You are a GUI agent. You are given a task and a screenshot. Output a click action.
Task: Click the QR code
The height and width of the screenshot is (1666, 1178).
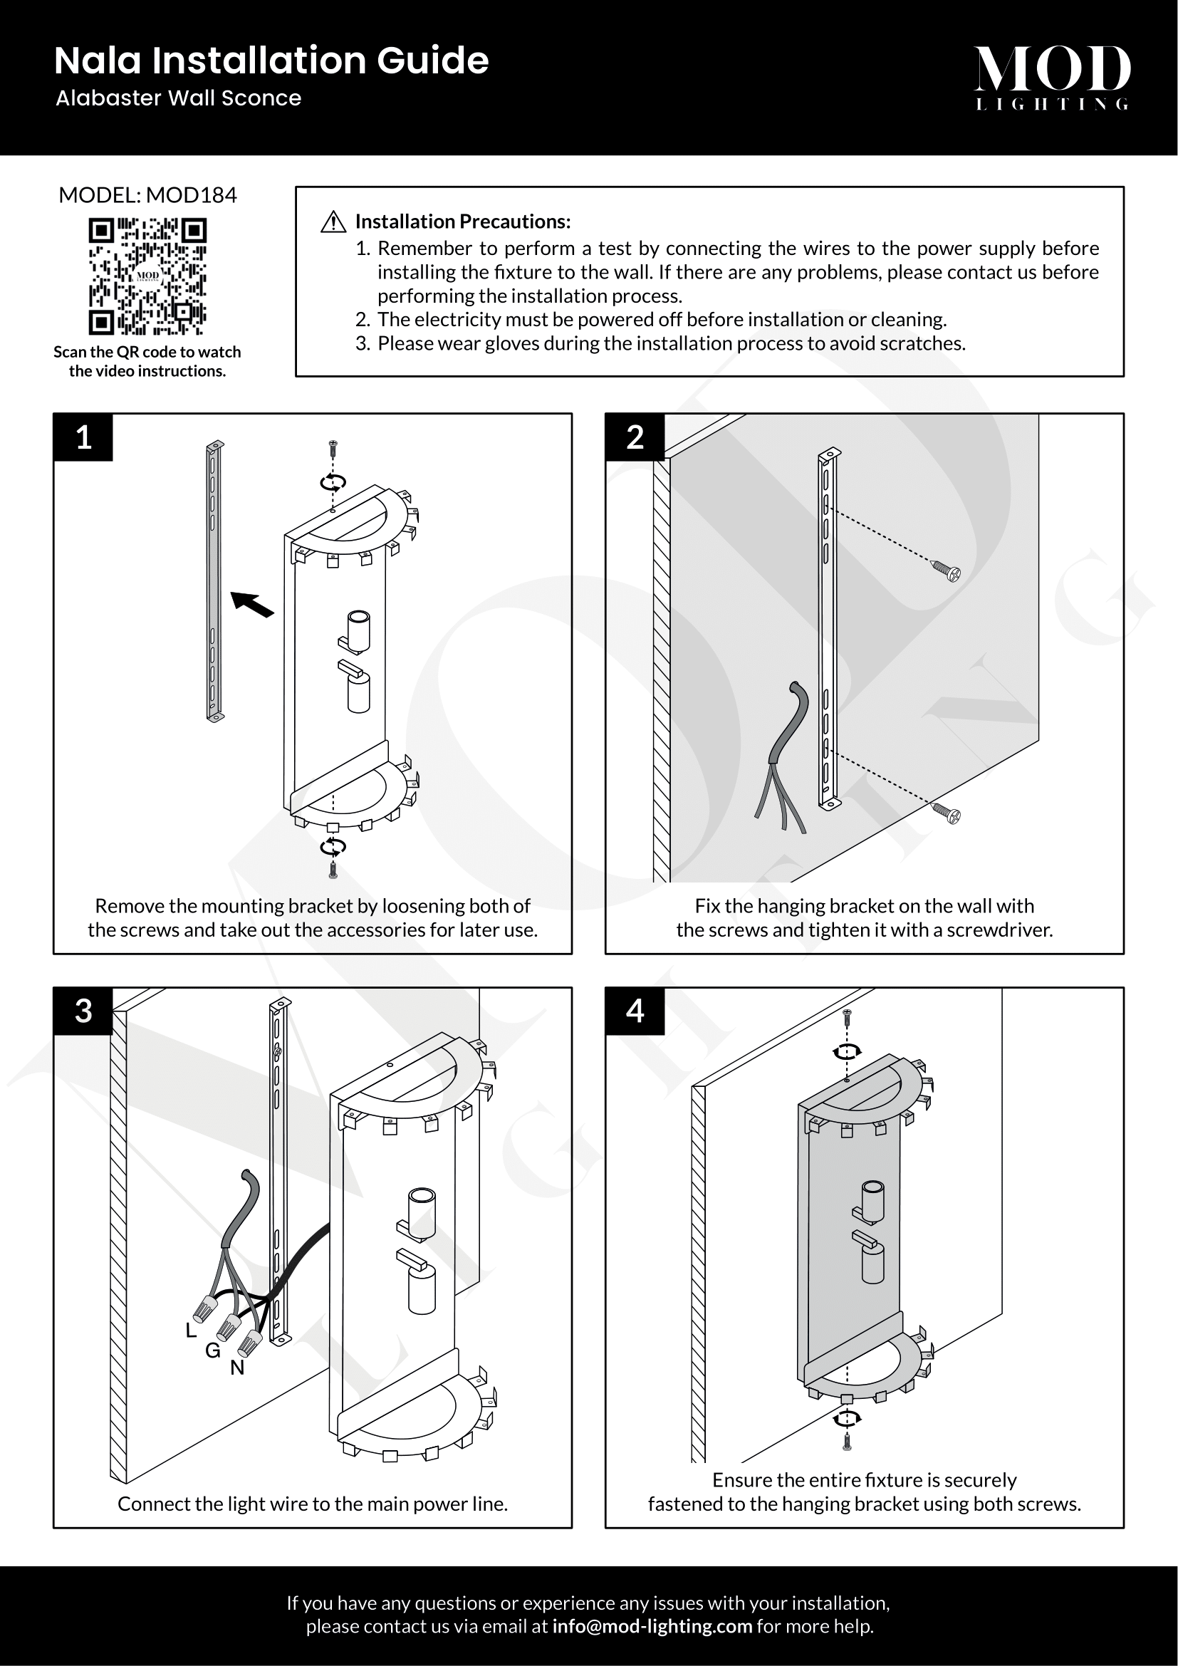(147, 277)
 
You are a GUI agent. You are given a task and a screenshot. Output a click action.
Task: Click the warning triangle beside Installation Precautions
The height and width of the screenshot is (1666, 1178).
(333, 222)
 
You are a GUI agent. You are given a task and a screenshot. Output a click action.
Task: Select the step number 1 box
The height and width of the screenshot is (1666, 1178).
(83, 437)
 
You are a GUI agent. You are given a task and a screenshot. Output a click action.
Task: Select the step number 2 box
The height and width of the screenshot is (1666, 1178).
(635, 437)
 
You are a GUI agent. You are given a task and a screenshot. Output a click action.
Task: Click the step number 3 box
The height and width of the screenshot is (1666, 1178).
(83, 1011)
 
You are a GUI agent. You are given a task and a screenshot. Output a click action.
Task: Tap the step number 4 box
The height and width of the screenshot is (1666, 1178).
(635, 1011)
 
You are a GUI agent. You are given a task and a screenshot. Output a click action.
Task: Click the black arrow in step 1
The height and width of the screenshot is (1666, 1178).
(251, 604)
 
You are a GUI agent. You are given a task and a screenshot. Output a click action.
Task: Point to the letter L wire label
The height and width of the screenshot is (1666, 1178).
(191, 1330)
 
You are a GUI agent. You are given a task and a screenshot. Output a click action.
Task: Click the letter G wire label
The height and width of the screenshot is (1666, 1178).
(212, 1350)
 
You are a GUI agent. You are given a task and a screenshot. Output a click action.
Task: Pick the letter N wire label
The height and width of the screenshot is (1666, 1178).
(237, 1368)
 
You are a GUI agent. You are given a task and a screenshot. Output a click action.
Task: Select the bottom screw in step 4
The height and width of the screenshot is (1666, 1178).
(846, 1442)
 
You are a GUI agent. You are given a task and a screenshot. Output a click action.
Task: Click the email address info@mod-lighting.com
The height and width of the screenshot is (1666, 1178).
(652, 1626)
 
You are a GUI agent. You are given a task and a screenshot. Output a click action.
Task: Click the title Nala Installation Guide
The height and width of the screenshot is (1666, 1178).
(271, 61)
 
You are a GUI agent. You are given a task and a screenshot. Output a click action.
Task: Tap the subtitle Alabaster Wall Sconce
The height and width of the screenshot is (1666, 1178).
(179, 98)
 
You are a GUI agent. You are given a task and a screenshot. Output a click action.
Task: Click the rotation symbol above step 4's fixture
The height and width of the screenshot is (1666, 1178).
(846, 1051)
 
